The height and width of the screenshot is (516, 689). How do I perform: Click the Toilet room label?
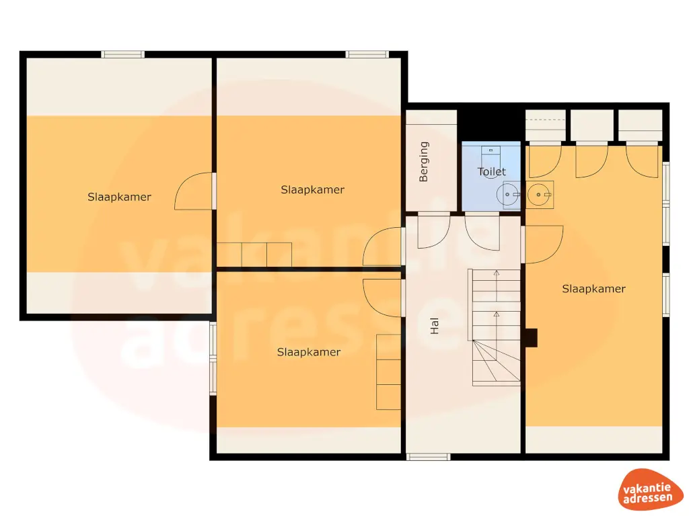(x=491, y=172)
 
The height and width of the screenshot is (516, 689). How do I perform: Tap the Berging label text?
(x=424, y=161)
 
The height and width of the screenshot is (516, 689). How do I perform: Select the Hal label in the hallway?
(x=435, y=327)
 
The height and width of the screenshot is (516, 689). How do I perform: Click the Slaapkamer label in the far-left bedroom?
(x=119, y=197)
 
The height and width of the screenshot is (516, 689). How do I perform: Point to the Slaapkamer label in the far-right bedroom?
(x=593, y=289)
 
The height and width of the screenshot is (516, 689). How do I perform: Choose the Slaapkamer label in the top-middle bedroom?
(x=312, y=189)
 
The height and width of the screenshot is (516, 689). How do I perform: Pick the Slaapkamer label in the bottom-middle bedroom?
(x=309, y=352)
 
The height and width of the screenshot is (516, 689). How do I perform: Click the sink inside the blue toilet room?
(x=508, y=195)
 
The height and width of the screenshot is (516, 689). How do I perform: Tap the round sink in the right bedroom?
(x=540, y=195)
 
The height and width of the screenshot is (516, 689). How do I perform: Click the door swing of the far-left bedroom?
(x=193, y=191)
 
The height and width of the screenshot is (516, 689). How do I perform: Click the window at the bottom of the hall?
(x=428, y=457)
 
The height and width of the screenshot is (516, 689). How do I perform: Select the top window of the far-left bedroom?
(x=122, y=54)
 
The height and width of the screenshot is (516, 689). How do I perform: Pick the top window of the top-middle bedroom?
(x=367, y=54)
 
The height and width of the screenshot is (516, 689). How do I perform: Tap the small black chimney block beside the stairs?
(x=531, y=337)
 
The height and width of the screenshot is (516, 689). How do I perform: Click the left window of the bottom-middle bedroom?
(x=213, y=359)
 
